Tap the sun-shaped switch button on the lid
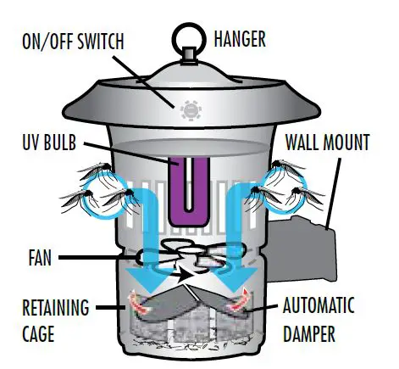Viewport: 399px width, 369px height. pyautogui.click(x=189, y=109)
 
